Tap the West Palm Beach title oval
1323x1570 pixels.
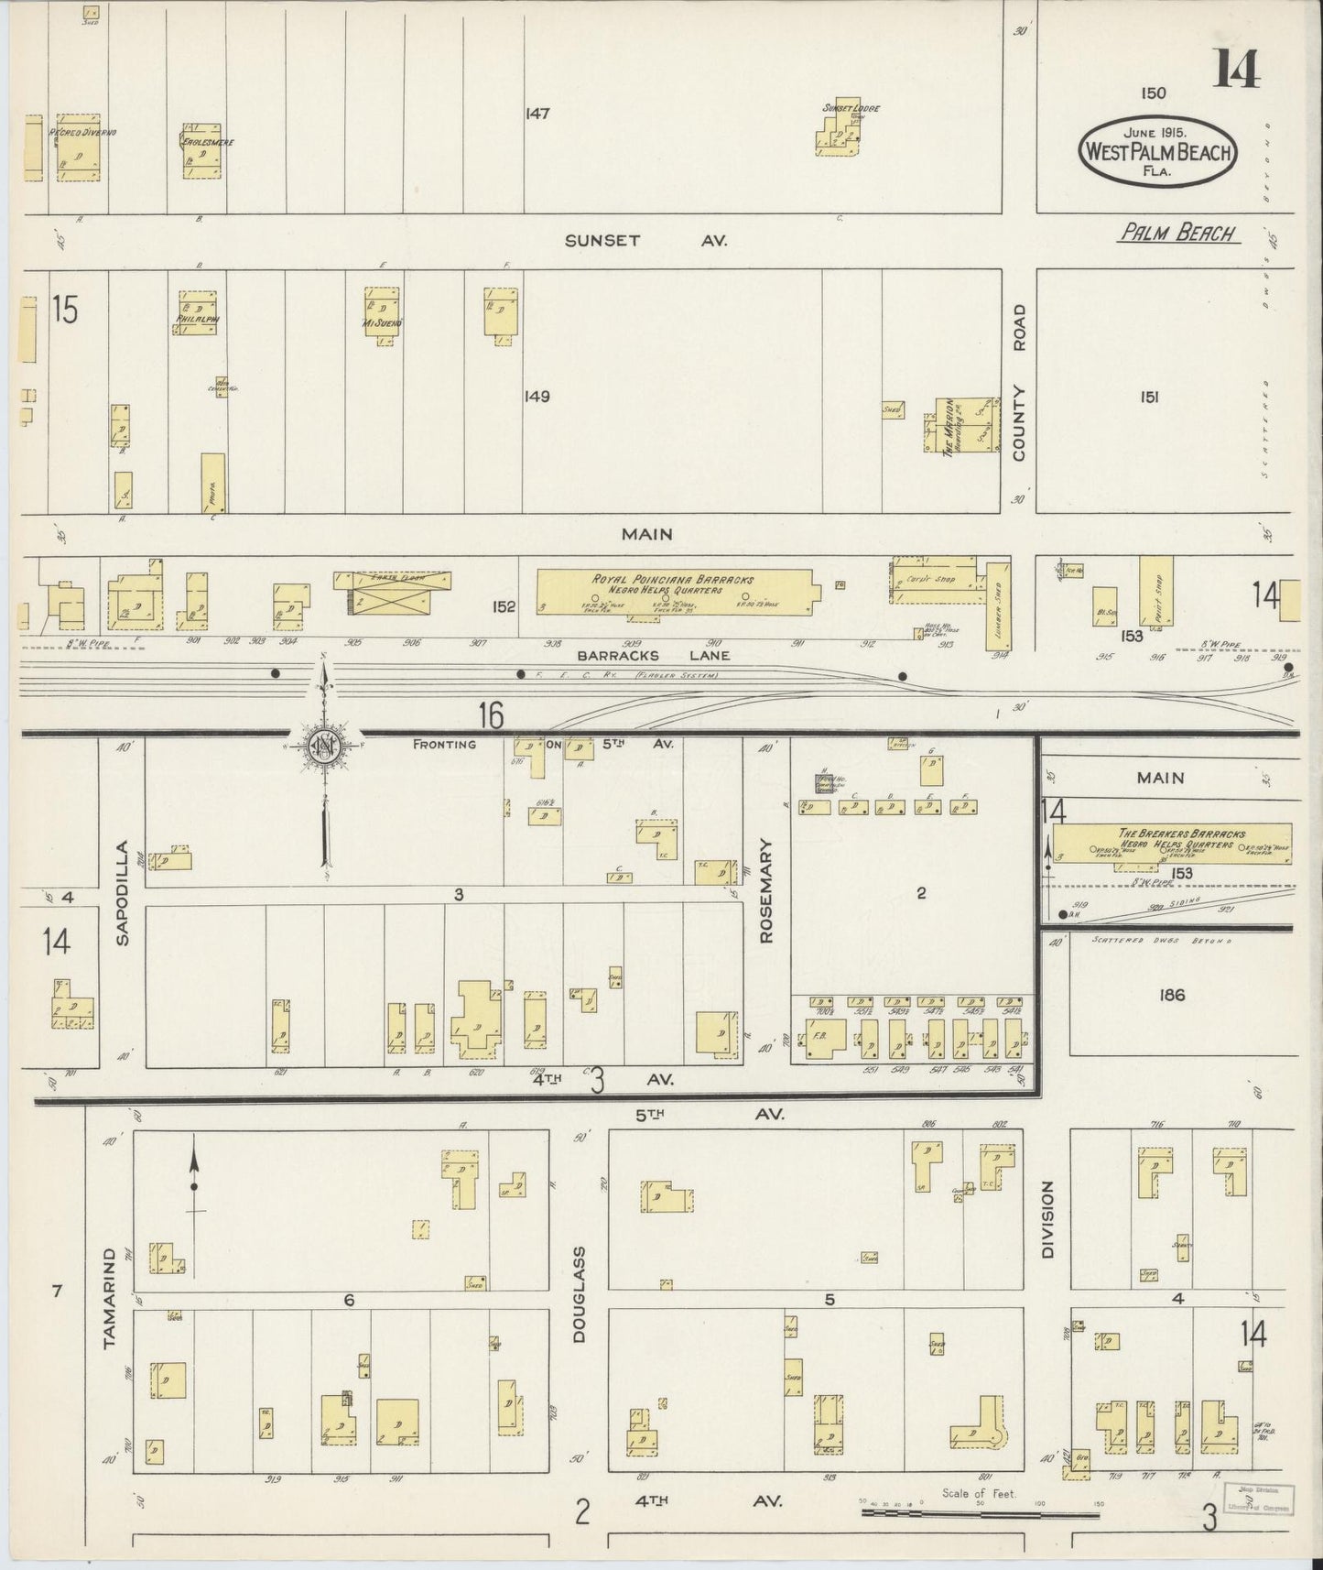(1158, 151)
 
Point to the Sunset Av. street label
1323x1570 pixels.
(646, 241)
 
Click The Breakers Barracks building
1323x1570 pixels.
(1171, 843)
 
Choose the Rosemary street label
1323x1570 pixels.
(767, 891)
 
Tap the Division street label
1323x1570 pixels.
(1048, 1219)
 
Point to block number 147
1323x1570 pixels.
(537, 114)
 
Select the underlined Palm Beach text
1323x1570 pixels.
(1178, 234)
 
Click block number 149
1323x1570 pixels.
(537, 398)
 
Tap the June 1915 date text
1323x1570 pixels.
(1158, 132)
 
